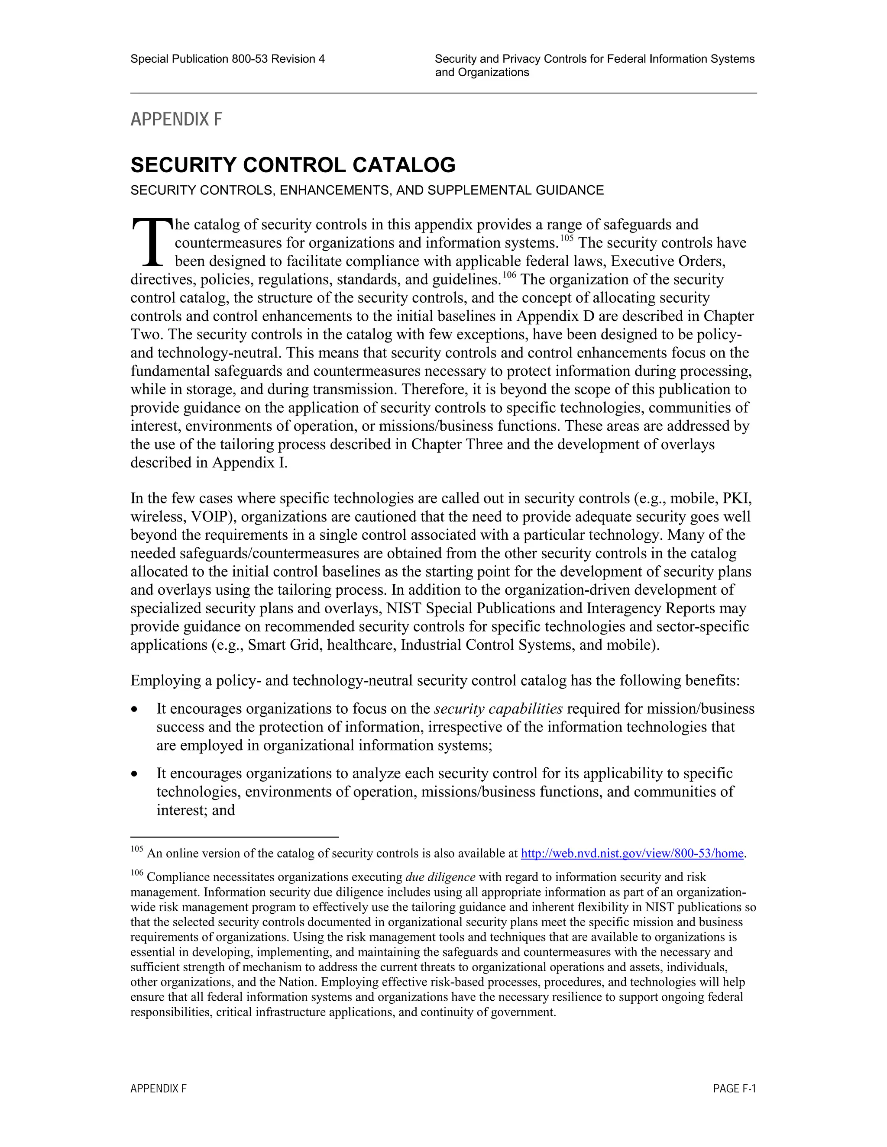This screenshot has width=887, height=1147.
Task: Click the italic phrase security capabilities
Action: click(498, 709)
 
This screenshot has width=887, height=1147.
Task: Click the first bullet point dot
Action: click(136, 709)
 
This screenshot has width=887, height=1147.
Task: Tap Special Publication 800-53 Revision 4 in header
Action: click(227, 59)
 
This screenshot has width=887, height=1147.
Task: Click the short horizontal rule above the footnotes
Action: click(234, 837)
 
